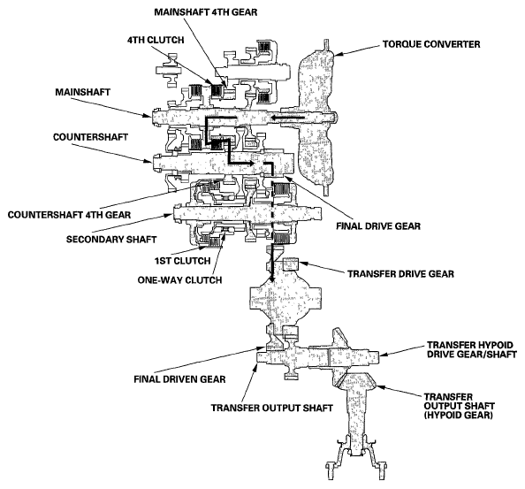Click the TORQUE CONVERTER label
click(431, 44)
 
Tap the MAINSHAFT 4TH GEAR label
click(206, 12)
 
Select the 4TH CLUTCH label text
click(156, 40)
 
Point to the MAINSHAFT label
click(83, 92)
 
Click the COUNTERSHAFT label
click(90, 137)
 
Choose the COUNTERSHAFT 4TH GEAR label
click(69, 215)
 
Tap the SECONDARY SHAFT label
click(111, 240)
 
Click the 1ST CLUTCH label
click(182, 261)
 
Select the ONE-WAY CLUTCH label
click(179, 279)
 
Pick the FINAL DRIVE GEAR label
click(378, 226)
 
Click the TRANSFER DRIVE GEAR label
click(400, 273)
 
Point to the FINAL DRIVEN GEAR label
click(179, 379)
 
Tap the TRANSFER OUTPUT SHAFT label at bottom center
click(272, 408)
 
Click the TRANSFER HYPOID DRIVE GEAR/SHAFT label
click(472, 349)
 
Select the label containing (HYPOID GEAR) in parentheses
click(460, 406)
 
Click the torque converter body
click(316, 118)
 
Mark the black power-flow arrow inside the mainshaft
click(288, 118)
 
